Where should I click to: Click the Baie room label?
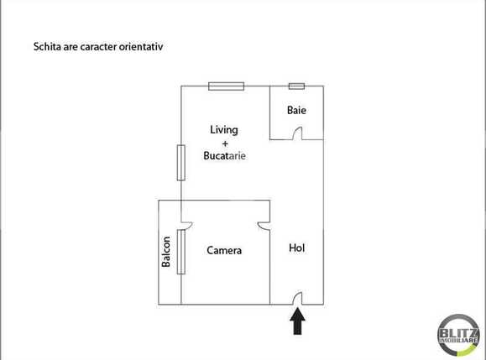pos(296,110)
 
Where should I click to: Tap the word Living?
pos(224,129)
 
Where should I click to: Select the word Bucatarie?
pos(224,156)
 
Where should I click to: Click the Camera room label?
pos(224,250)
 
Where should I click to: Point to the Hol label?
pos(296,248)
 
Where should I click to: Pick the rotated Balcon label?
pos(167,252)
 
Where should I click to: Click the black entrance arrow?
pos(297,321)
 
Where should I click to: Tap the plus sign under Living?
pos(224,143)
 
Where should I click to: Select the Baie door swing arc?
pos(295,133)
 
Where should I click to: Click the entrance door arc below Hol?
pos(297,298)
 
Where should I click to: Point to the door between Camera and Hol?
pos(264,224)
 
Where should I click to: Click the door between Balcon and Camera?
pos(187,224)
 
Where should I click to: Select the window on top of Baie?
pos(296,86)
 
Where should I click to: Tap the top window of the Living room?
pos(227,85)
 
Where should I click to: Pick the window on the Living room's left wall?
pos(180,162)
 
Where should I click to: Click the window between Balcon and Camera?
pos(180,252)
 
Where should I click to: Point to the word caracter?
pos(96,47)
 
